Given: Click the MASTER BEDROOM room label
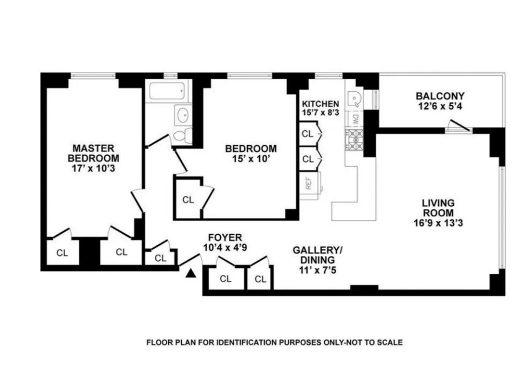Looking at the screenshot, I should click(93, 153).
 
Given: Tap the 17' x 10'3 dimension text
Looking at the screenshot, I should click(93, 168).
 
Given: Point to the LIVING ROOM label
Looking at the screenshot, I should click(438, 208).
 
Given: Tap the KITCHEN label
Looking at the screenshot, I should click(321, 104).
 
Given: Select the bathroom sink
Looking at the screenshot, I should click(182, 115).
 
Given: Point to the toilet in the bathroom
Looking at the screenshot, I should click(182, 135).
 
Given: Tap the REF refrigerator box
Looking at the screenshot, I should click(309, 184).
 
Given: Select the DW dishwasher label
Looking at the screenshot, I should click(356, 119).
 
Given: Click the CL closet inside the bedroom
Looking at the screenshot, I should click(188, 200).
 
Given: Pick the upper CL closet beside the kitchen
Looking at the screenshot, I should click(308, 133).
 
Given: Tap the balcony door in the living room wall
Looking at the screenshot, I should click(458, 128).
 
